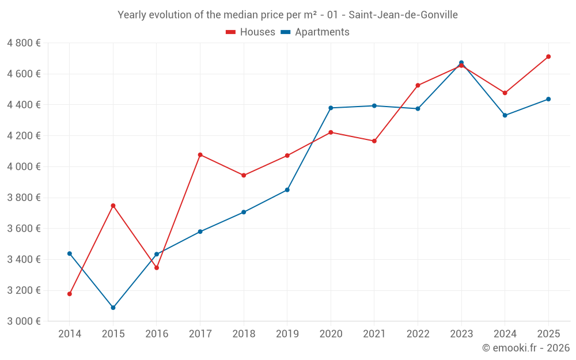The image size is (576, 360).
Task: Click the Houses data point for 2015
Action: pyautogui.click(x=113, y=206)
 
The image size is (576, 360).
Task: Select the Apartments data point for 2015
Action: pyautogui.click(x=113, y=308)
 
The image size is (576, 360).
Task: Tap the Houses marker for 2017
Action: pyautogui.click(x=200, y=154)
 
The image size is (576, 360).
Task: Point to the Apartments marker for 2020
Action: pyautogui.click(x=331, y=108)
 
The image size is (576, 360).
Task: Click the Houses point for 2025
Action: pyautogui.click(x=548, y=56)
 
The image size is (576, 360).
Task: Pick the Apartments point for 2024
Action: pyautogui.click(x=505, y=115)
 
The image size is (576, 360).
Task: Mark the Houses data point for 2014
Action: pyautogui.click(x=70, y=294)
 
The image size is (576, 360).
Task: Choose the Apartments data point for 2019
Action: pyautogui.click(x=287, y=190)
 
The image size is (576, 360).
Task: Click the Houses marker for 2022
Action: pyautogui.click(x=418, y=85)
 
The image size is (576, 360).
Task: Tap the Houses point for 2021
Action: pyautogui.click(x=374, y=141)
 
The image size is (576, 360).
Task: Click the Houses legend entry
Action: pyautogui.click(x=251, y=32)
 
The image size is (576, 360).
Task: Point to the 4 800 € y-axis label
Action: pyautogui.click(x=24, y=43)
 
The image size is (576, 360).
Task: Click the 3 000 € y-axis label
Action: pyautogui.click(x=24, y=321)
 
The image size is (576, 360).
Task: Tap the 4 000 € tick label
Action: pyautogui.click(x=24, y=166)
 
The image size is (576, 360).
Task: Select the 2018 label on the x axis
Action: pyautogui.click(x=244, y=334)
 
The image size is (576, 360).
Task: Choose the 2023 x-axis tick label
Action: pyautogui.click(x=461, y=334)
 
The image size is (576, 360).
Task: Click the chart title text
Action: pyautogui.click(x=287, y=15)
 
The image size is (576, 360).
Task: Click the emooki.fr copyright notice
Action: pyautogui.click(x=525, y=348)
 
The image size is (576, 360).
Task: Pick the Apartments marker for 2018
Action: pyautogui.click(x=244, y=212)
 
